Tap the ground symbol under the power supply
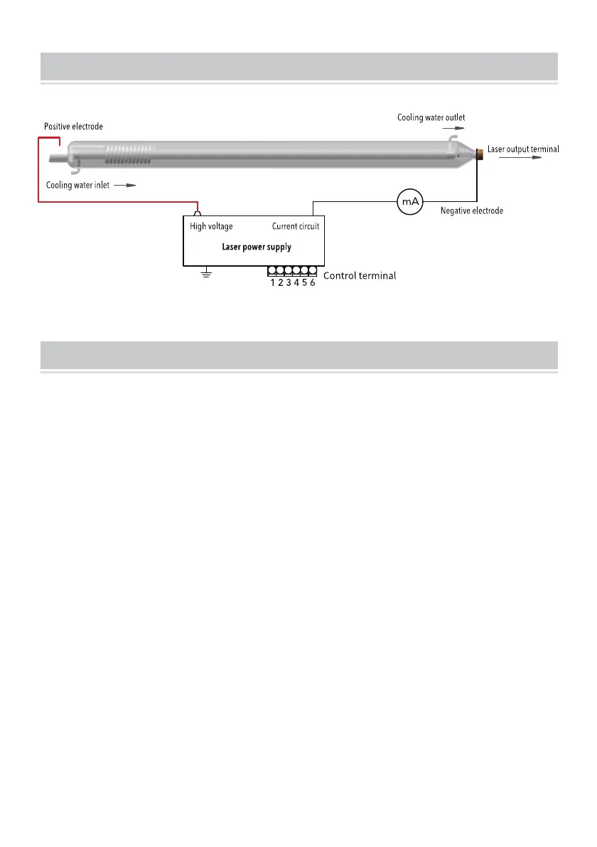pyautogui.click(x=207, y=274)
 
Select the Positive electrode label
pyautogui.click(x=73, y=127)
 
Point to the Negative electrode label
pyautogui.click(x=471, y=211)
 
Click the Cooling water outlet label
pyautogui.click(x=431, y=117)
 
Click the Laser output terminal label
pyautogui.click(x=523, y=149)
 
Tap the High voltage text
pyautogui.click(x=211, y=227)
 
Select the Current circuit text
pyautogui.click(x=296, y=227)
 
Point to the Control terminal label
pyautogui.click(x=360, y=275)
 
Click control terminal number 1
pyautogui.click(x=273, y=283)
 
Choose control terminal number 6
pyautogui.click(x=313, y=283)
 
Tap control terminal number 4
pyautogui.click(x=297, y=283)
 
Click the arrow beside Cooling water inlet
pyautogui.click(x=125, y=185)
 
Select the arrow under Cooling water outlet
pyautogui.click(x=451, y=129)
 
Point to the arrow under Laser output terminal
pyautogui.click(x=522, y=159)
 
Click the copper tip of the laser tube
pyautogui.click(x=480, y=151)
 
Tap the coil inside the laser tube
pyautogui.click(x=129, y=151)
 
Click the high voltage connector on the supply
pyautogui.click(x=199, y=212)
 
